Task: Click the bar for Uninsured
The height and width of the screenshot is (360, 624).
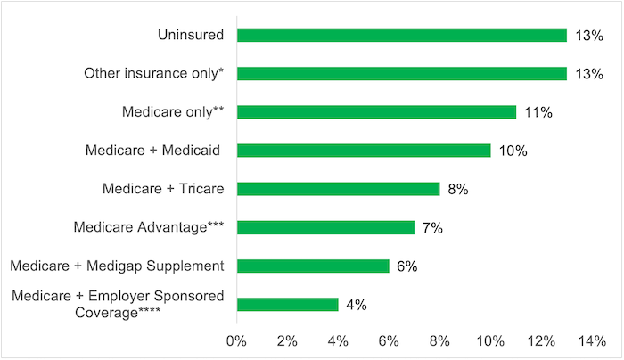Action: pos(401,35)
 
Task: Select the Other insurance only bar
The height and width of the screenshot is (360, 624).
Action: pos(401,73)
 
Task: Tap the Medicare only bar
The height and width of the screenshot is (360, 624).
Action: pos(376,112)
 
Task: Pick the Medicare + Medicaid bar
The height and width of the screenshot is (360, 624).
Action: pos(363,151)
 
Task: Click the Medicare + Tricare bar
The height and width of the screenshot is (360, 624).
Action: pos(338,189)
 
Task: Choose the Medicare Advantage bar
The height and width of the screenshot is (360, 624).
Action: pos(325,227)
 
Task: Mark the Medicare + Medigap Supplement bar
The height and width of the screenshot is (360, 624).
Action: pos(313,266)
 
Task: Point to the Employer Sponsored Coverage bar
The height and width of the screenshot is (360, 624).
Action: pos(287,305)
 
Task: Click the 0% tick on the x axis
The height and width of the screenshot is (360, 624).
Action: pos(236,341)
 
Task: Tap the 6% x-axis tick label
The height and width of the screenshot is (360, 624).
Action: pos(389,341)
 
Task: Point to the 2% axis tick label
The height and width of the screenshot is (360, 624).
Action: pos(287,341)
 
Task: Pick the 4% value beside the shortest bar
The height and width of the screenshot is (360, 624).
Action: pos(357,305)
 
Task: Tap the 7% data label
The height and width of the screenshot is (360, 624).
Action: pos(432,227)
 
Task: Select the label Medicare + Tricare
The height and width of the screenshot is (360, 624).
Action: pos(163,189)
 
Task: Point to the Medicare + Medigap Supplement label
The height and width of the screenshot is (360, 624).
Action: pos(117,266)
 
